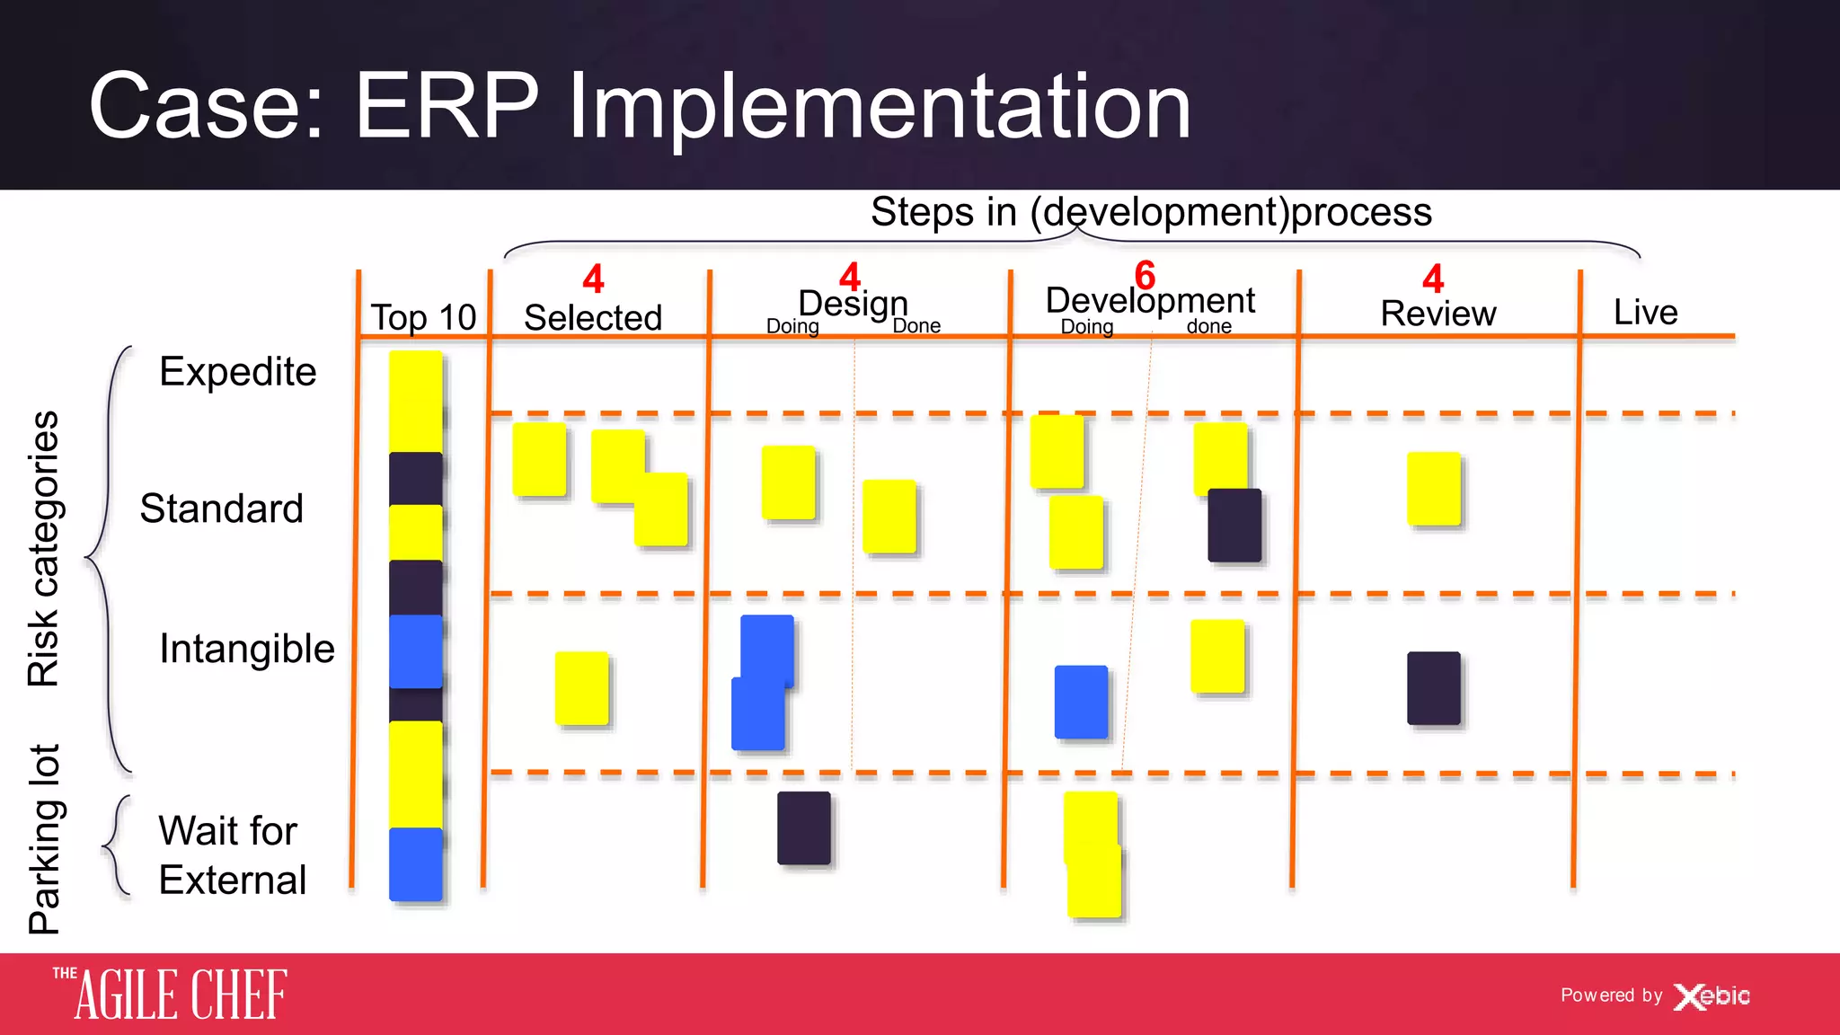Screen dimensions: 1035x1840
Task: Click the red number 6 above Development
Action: click(1145, 275)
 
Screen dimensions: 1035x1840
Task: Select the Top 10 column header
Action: click(423, 317)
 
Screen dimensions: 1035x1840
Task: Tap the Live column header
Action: click(1645, 312)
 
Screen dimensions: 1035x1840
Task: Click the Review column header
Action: click(1437, 314)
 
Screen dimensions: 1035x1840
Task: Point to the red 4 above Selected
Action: click(593, 279)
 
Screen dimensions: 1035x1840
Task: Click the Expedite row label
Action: click(237, 371)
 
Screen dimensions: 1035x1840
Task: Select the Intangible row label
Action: click(246, 648)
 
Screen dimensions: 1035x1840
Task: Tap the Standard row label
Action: click(222, 509)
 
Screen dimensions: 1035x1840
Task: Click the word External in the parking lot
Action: click(233, 880)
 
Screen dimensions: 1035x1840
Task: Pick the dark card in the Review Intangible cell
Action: click(1433, 688)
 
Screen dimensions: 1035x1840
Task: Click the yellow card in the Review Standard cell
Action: click(1433, 489)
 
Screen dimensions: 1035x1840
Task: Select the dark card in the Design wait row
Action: click(803, 827)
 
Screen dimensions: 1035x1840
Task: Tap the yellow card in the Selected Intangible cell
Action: click(581, 688)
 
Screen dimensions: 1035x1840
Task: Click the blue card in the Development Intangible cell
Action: click(1081, 702)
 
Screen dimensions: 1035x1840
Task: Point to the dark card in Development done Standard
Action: click(1234, 526)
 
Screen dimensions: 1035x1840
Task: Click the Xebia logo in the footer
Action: click(1712, 995)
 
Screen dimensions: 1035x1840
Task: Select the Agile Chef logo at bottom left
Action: click(171, 995)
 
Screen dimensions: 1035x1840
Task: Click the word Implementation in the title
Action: click(880, 107)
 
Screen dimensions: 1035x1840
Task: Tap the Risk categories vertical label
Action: click(43, 549)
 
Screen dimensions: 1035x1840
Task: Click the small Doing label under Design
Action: click(792, 326)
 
